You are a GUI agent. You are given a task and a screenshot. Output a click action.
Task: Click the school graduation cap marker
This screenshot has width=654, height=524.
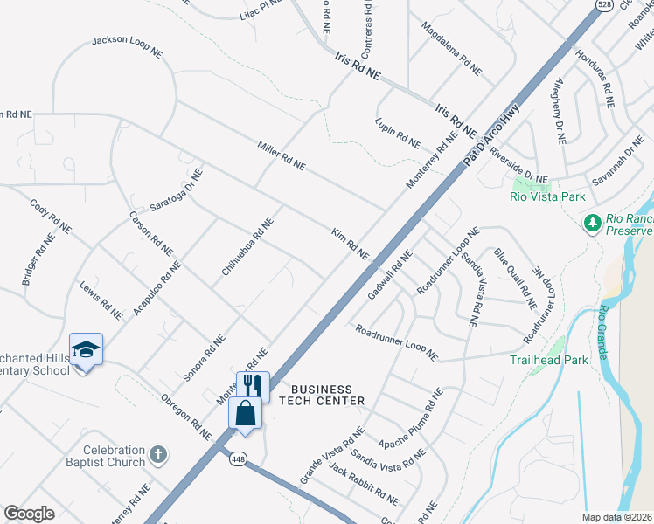(87, 350)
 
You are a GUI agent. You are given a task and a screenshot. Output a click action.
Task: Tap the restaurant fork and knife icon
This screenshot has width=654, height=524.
(254, 385)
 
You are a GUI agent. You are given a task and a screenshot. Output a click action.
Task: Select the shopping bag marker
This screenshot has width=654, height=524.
(246, 413)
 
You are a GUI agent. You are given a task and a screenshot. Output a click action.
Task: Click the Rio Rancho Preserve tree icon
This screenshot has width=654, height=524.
(592, 224)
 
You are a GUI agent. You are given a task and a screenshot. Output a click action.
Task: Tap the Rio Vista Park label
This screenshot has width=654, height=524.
(547, 196)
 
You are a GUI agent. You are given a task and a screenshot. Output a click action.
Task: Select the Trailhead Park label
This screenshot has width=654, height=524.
(549, 359)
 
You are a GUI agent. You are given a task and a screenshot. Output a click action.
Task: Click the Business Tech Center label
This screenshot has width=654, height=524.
(322, 395)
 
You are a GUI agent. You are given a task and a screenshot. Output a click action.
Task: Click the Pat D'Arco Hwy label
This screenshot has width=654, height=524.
(497, 137)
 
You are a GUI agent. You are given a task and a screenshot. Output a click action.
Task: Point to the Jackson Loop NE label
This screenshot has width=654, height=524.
(128, 46)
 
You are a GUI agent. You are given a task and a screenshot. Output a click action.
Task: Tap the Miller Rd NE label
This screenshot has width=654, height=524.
(282, 155)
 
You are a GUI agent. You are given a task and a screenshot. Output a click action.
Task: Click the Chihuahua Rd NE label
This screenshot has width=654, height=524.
(247, 247)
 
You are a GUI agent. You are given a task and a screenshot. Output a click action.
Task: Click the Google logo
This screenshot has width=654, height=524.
(29, 514)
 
